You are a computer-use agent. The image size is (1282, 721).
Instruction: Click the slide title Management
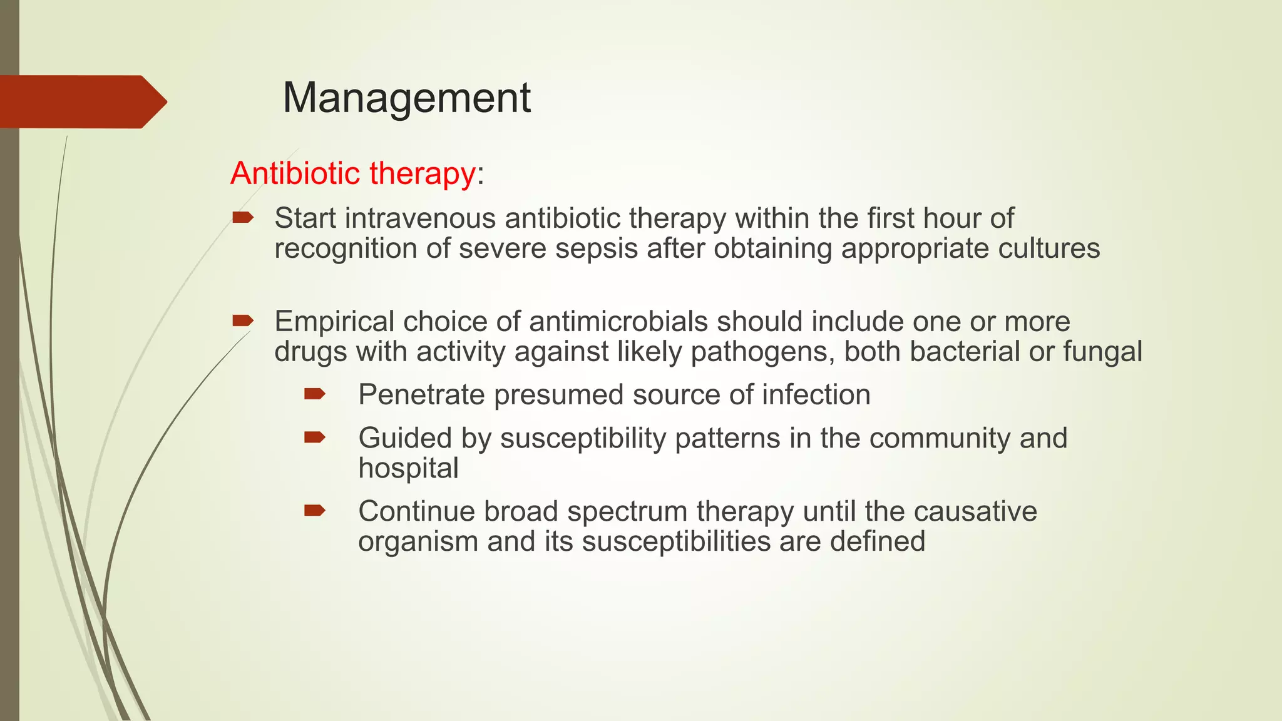coord(406,98)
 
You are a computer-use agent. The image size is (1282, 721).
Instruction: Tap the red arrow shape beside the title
coord(81,102)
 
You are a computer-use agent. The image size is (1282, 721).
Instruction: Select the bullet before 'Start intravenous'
coord(242,218)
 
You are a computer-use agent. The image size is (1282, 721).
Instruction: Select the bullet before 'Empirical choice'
coord(242,321)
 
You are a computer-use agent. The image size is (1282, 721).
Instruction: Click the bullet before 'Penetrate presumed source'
coord(314,394)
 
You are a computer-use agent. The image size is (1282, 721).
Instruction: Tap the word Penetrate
coord(421,395)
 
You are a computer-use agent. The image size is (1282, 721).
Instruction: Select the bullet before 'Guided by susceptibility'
coord(314,437)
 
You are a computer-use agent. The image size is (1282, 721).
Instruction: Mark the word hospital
coord(408,468)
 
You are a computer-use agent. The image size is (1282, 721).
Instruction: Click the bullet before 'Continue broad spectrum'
coord(314,511)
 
